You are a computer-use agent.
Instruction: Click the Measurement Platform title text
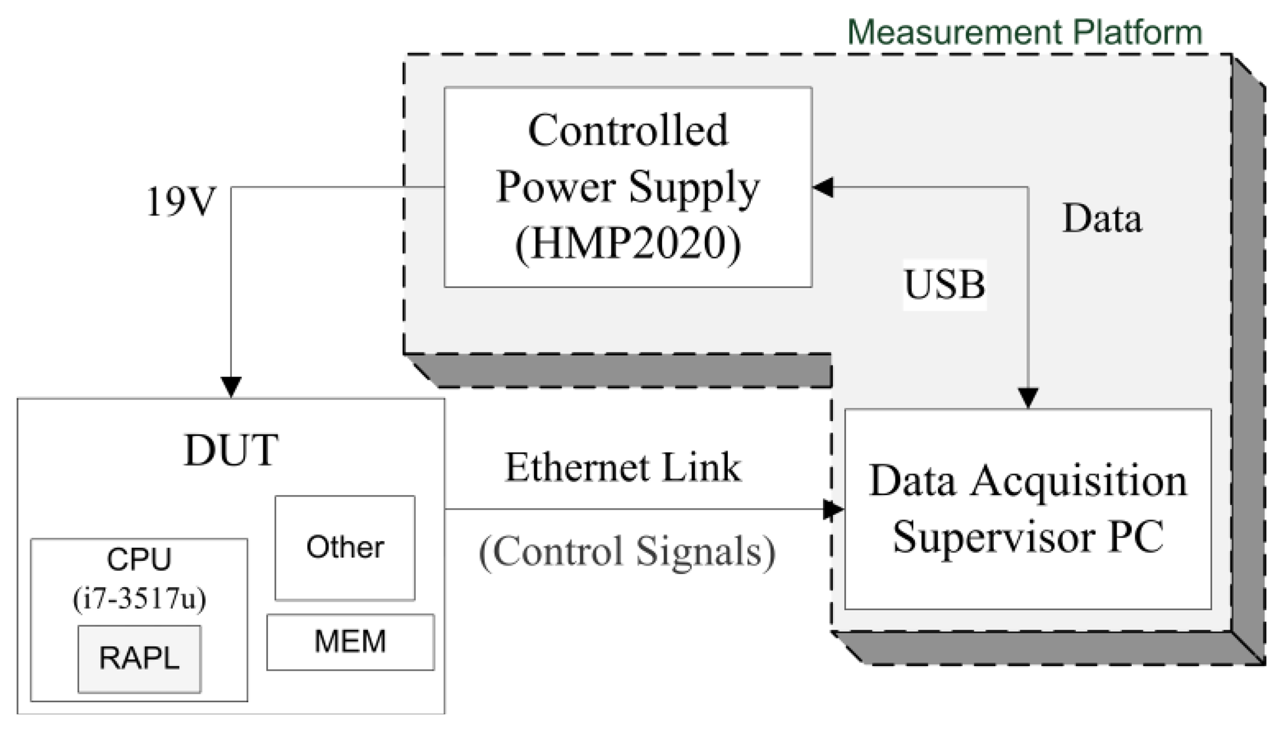point(1024,32)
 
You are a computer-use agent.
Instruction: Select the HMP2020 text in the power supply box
point(628,243)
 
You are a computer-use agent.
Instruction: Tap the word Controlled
point(628,130)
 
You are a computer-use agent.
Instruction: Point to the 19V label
point(180,202)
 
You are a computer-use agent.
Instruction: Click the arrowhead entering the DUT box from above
point(231,387)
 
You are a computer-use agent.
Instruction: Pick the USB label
point(944,284)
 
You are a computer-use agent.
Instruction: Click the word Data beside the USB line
point(1102,218)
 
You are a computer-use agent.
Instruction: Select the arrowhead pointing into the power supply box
point(823,187)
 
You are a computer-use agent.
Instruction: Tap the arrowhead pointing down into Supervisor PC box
point(1027,398)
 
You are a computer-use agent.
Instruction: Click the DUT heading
point(231,451)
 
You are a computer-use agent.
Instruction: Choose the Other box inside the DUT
point(345,547)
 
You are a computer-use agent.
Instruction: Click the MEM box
point(350,642)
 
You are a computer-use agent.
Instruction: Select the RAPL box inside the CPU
point(139,658)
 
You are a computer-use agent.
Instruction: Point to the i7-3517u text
point(139,598)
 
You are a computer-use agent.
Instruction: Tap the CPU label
point(139,560)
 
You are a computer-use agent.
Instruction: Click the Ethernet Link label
point(623,468)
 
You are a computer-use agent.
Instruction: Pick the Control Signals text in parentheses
point(627,551)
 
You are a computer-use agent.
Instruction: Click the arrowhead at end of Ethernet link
point(834,509)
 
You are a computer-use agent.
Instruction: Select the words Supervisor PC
point(1027,537)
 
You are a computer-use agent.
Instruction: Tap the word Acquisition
point(1079,481)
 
